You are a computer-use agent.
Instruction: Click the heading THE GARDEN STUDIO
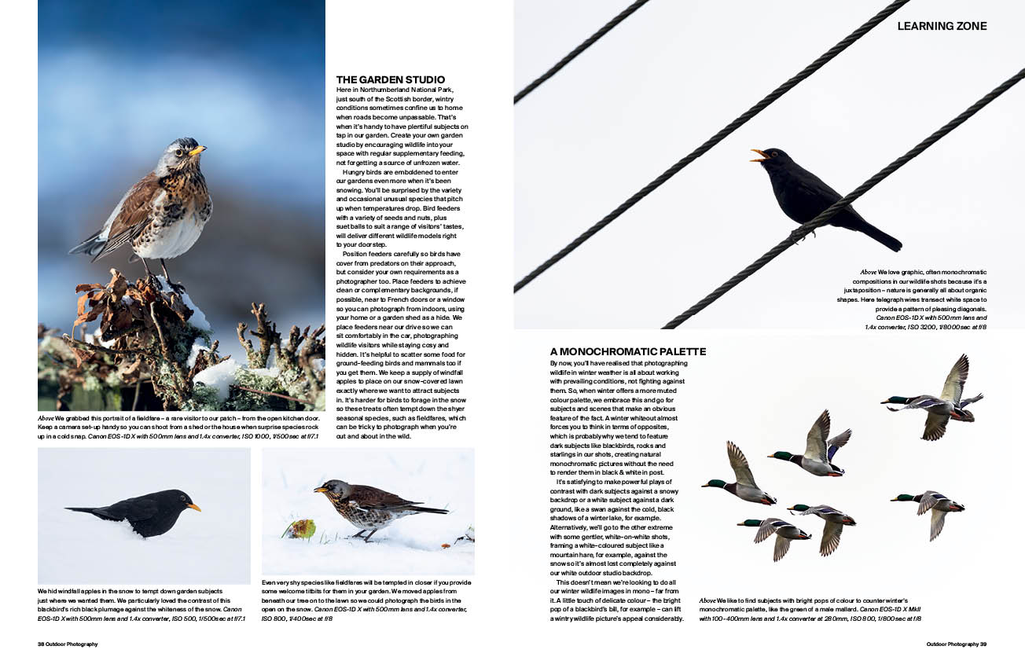coord(390,79)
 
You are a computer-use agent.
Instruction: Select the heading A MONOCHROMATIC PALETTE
coord(627,351)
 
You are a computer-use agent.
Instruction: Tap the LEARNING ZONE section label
coord(942,26)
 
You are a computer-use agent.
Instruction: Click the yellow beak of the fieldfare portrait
coord(197,149)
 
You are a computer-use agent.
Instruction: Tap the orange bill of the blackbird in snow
coord(193,507)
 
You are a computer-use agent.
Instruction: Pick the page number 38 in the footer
coord(42,644)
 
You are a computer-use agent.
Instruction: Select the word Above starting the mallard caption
coord(707,600)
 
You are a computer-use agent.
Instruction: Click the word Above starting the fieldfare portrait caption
coord(46,417)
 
